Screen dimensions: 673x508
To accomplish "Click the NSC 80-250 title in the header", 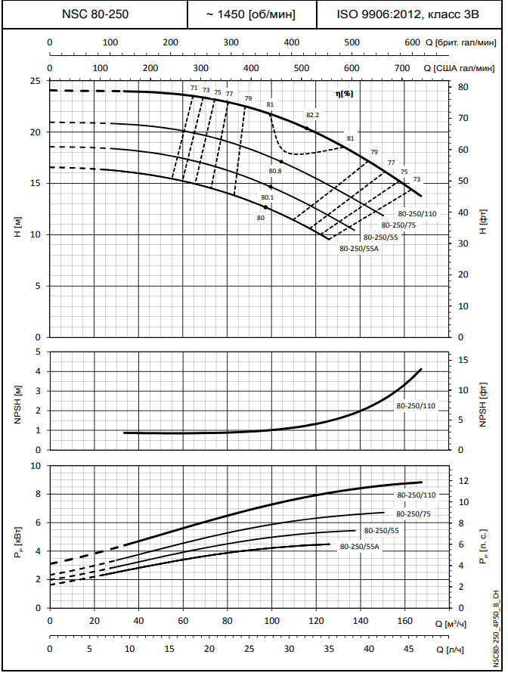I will [x=94, y=14].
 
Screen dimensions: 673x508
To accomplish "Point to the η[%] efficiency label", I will [x=344, y=94].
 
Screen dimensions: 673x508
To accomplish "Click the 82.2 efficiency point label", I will [x=313, y=115].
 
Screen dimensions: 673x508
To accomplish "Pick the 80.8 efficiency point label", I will [x=274, y=172].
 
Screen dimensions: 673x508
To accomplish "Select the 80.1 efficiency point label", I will [x=267, y=197].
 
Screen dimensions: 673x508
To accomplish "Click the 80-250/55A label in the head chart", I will [x=359, y=248].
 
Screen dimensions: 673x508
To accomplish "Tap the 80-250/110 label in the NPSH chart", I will [x=417, y=406].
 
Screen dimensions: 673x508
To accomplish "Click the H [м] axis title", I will [x=17, y=226].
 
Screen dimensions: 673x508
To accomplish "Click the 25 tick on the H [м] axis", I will [x=34, y=81].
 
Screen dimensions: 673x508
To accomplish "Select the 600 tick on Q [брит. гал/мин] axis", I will [x=412, y=43].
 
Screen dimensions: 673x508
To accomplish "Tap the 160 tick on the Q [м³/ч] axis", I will [x=404, y=622].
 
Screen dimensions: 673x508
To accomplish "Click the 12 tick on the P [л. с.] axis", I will [x=465, y=482].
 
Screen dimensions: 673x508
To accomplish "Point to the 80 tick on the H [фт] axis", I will [x=465, y=87].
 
